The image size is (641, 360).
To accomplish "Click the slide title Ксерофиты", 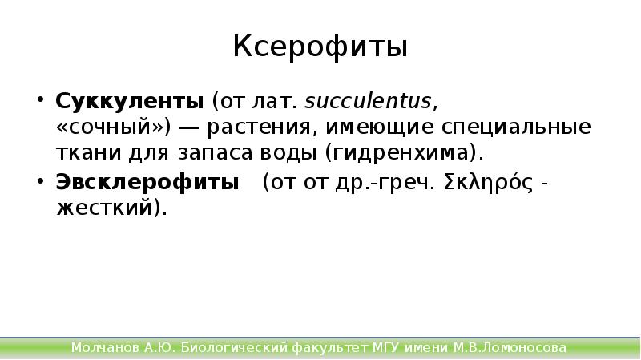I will point(320,47).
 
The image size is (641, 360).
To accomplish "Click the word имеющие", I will point(364,128).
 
